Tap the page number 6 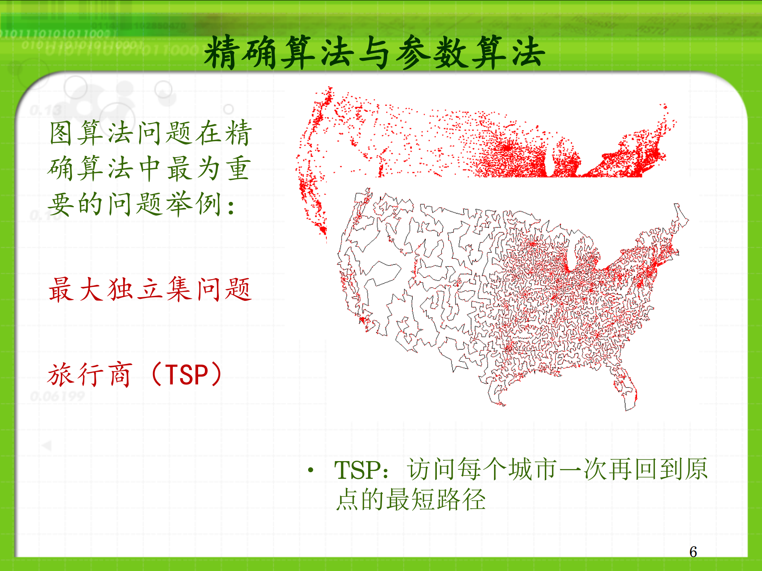[x=693, y=552]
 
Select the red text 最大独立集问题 [x=150, y=289]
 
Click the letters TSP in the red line [x=187, y=375]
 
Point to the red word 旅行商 [x=89, y=375]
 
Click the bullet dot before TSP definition [x=311, y=471]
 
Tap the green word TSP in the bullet [x=357, y=470]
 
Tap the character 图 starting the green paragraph [x=61, y=133]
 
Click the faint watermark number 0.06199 [x=58, y=396]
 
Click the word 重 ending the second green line [x=238, y=169]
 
